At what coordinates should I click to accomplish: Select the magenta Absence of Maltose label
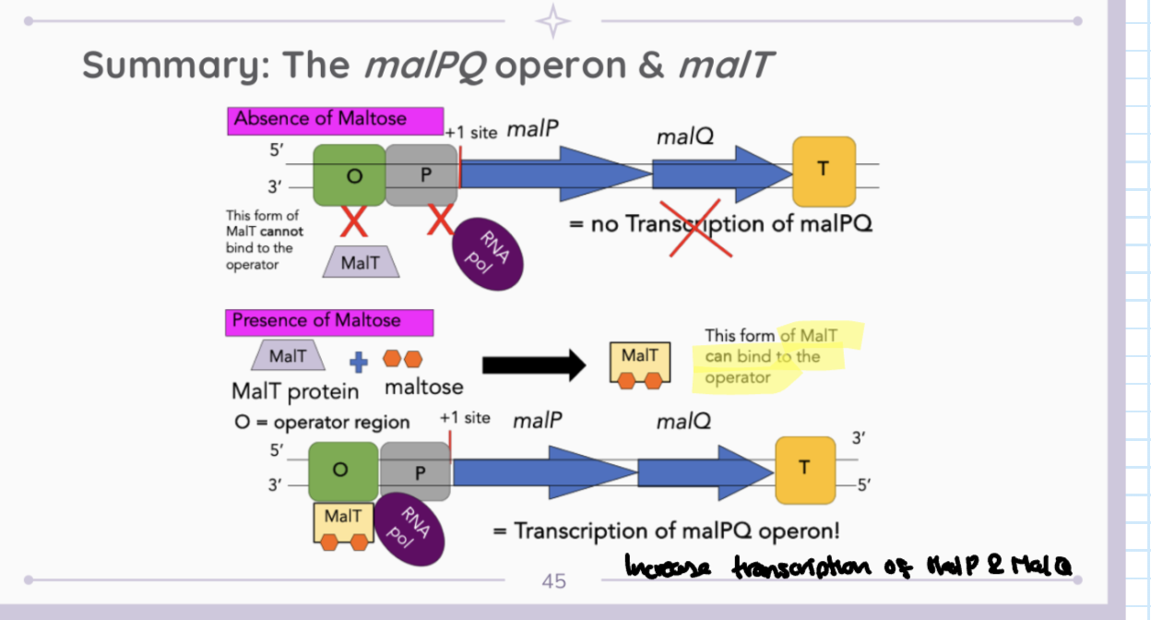pos(320,119)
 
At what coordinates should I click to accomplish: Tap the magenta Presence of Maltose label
pos(316,321)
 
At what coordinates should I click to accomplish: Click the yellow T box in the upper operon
pos(824,171)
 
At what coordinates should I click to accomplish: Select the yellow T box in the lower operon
pos(804,470)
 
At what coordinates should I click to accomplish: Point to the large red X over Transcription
pos(696,224)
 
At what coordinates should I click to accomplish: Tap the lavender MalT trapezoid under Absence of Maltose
pos(360,262)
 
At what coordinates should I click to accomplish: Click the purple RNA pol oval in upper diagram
pos(487,252)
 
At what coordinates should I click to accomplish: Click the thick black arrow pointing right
pos(533,364)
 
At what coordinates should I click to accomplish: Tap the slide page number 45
pos(553,581)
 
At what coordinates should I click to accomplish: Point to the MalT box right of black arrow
pos(640,363)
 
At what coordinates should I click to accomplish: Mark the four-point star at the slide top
pos(553,21)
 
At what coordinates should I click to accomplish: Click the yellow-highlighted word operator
pos(737,377)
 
